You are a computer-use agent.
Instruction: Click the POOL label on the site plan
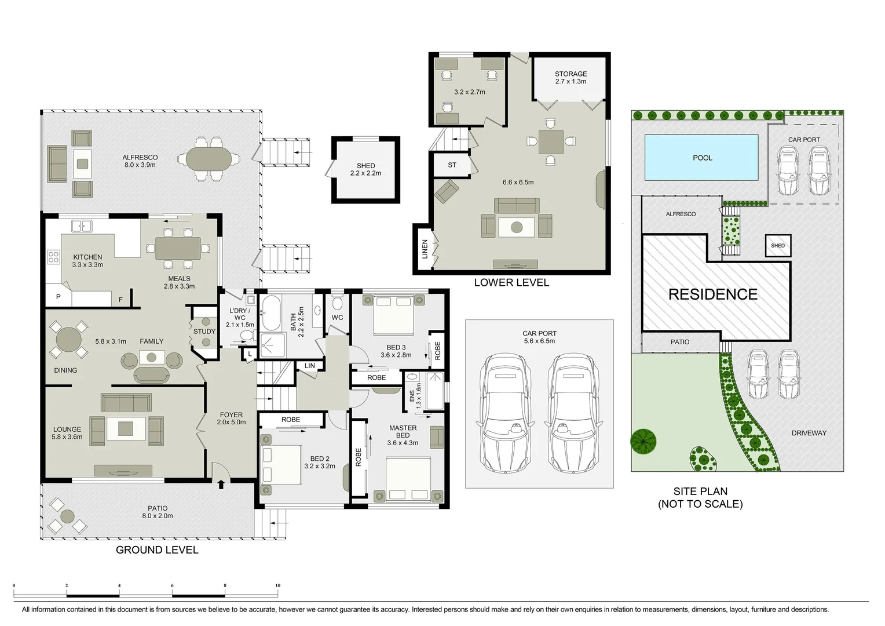[x=702, y=158]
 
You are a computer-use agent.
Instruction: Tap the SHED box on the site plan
[x=777, y=246]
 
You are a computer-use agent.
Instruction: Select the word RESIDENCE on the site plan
[x=712, y=294]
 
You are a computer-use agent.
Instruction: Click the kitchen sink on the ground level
[x=81, y=226]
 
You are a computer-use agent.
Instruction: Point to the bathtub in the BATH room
[x=270, y=313]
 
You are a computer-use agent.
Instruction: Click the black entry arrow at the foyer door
[x=221, y=484]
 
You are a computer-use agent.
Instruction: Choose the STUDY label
[x=204, y=332]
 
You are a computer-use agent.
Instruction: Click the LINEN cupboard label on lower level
[x=425, y=249]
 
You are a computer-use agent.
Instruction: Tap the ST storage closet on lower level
[x=452, y=165]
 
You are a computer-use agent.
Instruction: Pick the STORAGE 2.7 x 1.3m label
[x=571, y=78]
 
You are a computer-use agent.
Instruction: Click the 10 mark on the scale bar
[x=277, y=586]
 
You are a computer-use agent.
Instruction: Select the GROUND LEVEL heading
[x=157, y=550]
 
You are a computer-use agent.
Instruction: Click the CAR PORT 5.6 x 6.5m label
[x=539, y=337]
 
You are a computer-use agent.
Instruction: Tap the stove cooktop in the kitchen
[x=53, y=257]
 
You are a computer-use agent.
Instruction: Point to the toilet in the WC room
[x=338, y=303]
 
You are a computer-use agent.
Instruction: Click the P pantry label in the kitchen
[x=58, y=297]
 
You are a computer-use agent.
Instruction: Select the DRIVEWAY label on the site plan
[x=809, y=433]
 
